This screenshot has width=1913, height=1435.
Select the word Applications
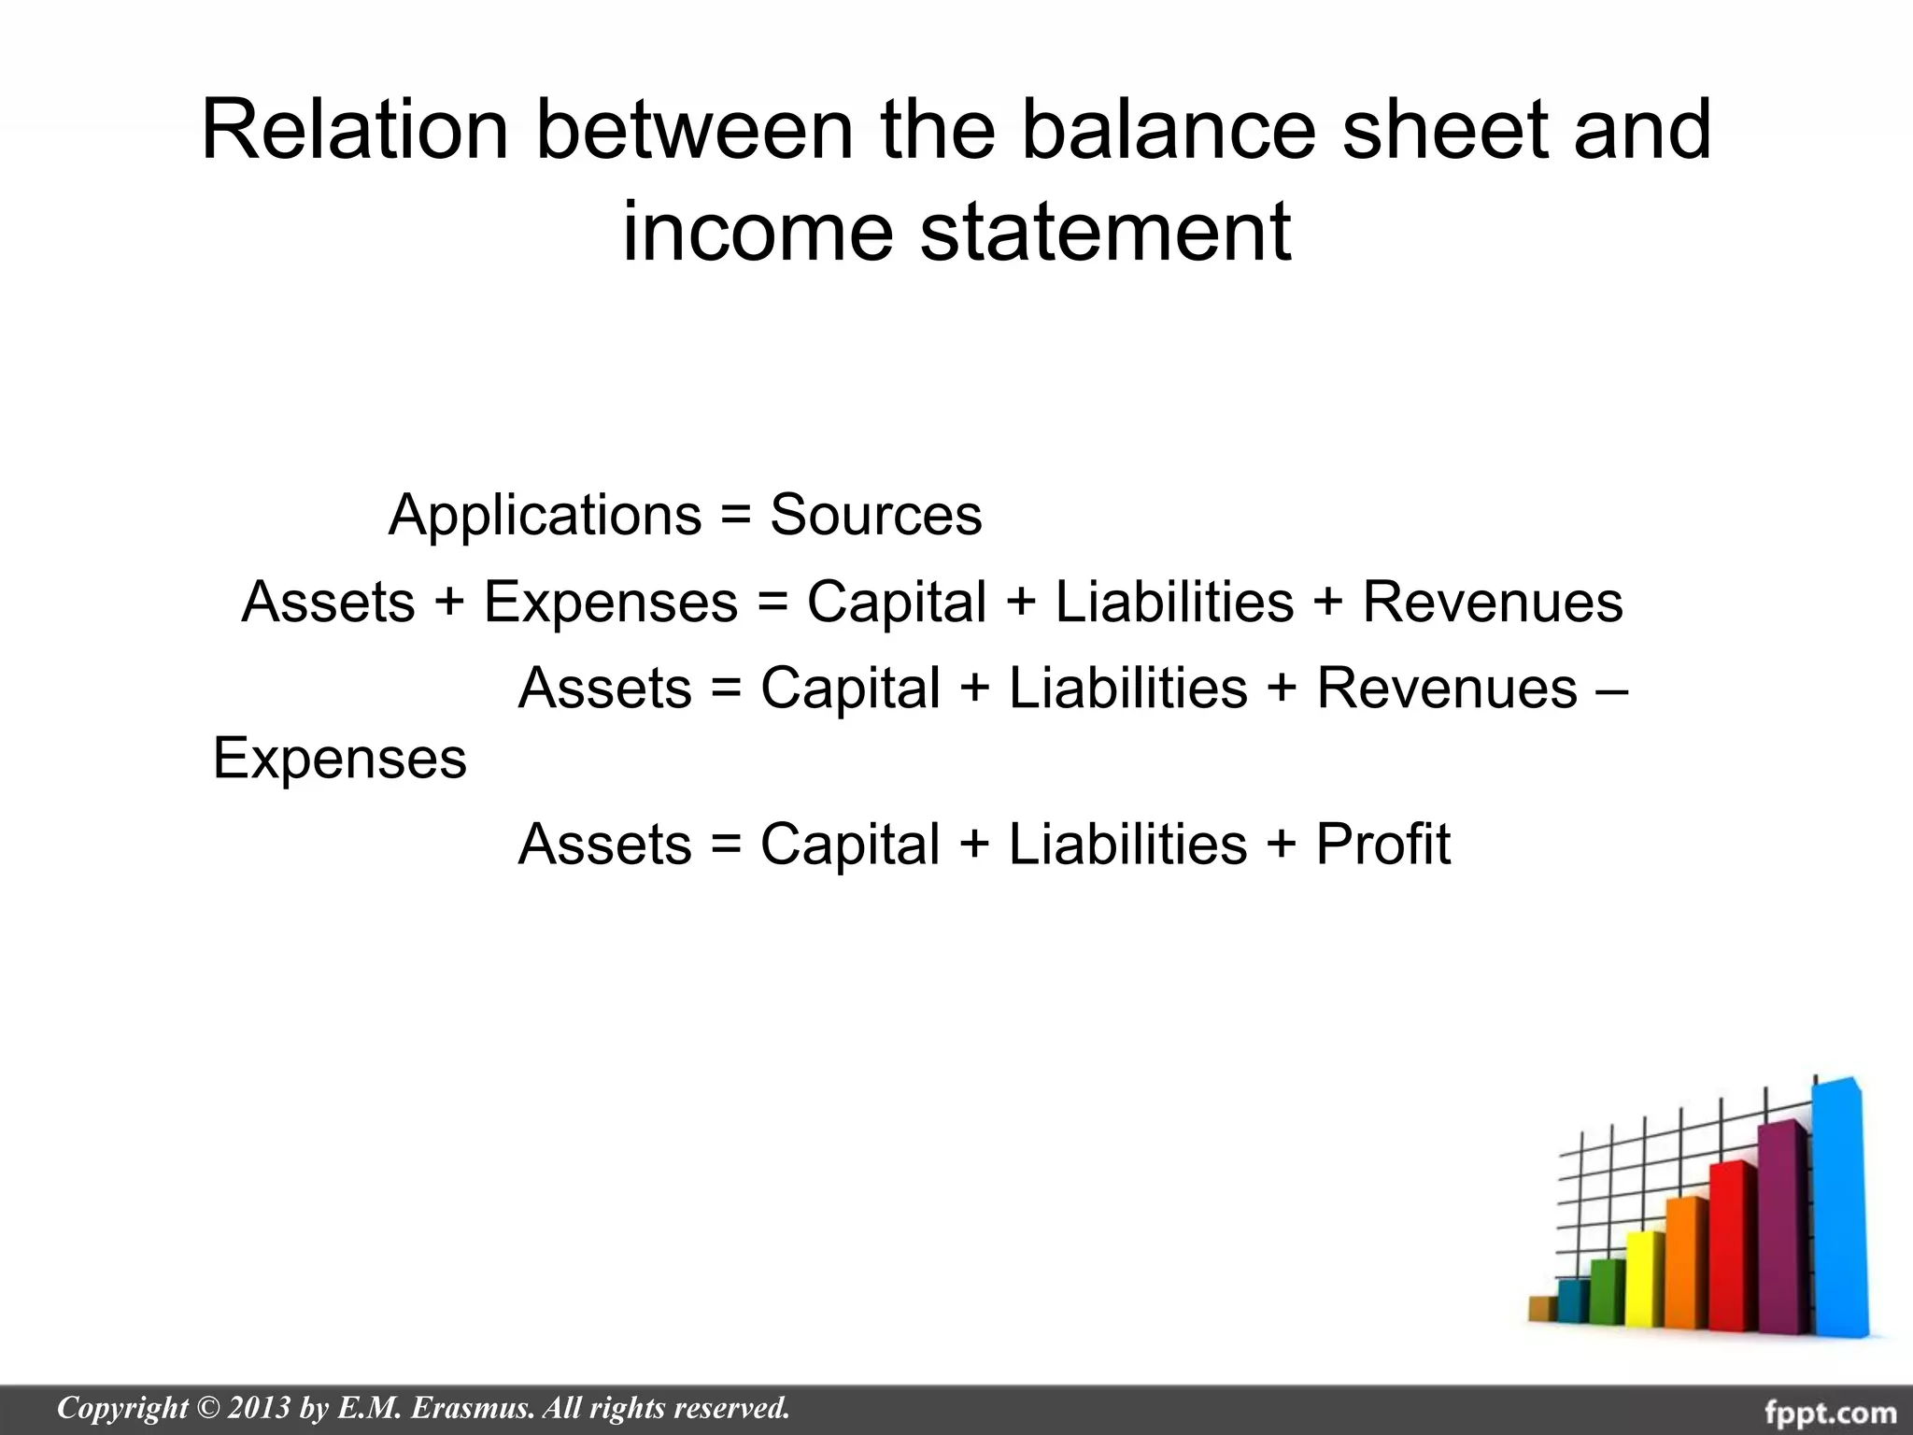[545, 515]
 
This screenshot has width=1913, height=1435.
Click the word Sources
[875, 515]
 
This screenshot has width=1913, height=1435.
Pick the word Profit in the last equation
[1382, 845]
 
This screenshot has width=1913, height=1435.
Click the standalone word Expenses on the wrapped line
[339, 758]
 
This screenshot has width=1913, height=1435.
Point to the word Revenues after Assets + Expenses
[1492, 602]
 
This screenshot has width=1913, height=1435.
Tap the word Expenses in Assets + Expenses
[610, 602]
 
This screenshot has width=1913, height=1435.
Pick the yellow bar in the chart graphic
[1644, 1280]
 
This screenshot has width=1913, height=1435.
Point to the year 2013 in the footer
[259, 1408]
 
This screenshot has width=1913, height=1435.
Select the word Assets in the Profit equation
[604, 845]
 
